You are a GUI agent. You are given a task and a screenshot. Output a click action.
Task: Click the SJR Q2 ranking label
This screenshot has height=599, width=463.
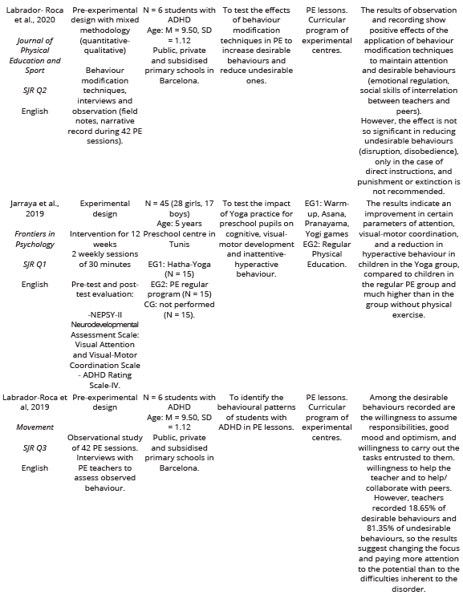35,90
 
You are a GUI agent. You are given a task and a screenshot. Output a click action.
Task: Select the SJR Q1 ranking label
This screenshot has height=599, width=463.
35,264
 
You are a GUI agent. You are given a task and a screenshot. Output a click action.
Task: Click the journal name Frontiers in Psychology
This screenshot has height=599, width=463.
35,238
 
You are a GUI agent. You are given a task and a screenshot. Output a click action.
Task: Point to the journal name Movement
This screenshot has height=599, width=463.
35,427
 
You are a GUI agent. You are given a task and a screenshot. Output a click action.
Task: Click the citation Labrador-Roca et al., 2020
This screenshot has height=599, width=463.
35,14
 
